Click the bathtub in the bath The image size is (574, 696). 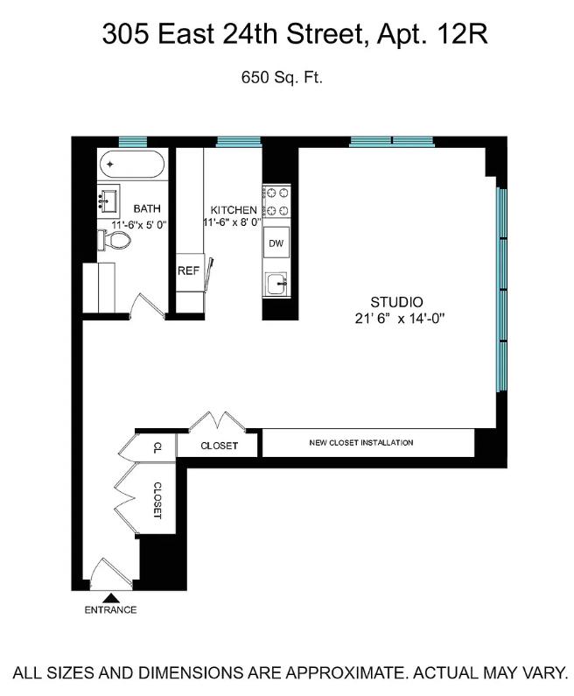click(x=131, y=165)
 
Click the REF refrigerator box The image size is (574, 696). click(x=188, y=271)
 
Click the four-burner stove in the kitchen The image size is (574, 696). click(x=276, y=203)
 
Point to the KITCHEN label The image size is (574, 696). click(x=233, y=210)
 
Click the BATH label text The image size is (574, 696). click(x=146, y=208)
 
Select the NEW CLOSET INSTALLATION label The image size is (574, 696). click(x=361, y=443)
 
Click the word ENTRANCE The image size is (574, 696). click(x=110, y=610)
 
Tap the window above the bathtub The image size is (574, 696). click(x=132, y=141)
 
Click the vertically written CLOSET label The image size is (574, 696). click(x=158, y=500)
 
